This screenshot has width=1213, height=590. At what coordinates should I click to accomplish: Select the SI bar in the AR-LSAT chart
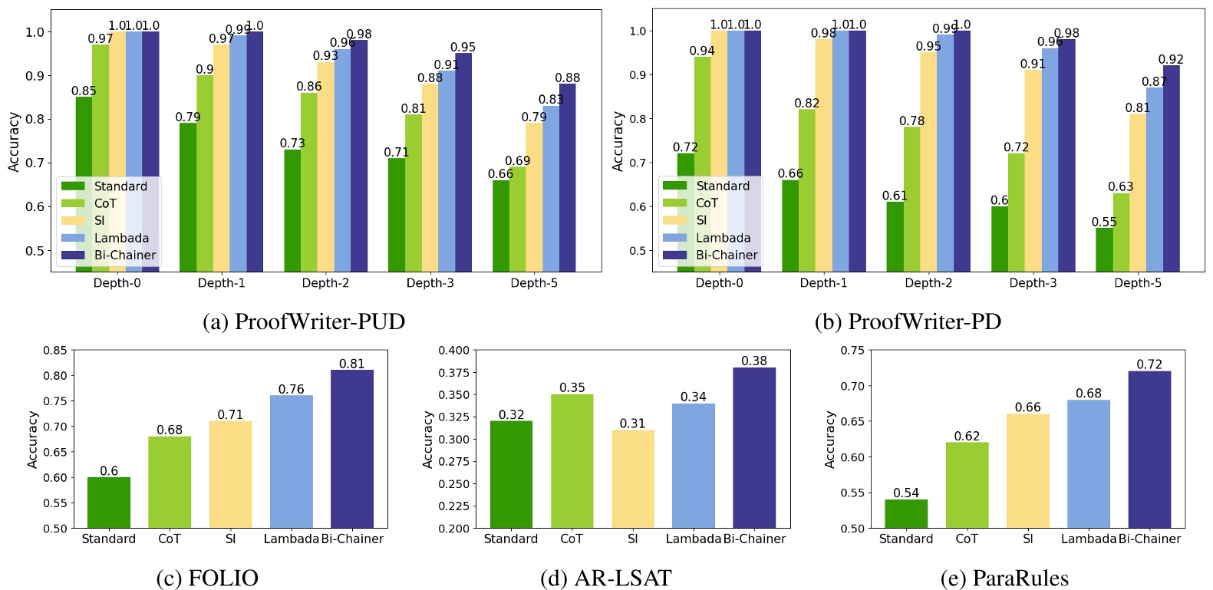click(x=633, y=479)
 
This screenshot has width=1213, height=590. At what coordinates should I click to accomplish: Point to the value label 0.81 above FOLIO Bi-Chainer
click(x=352, y=364)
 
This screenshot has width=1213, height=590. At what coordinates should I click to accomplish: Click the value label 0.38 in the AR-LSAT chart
click(x=754, y=361)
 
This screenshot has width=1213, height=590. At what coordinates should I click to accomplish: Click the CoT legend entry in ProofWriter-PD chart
click(x=707, y=203)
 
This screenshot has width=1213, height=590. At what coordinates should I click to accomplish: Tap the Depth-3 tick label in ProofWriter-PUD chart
click(x=430, y=283)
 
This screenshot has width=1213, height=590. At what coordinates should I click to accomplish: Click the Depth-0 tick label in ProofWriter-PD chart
click(x=719, y=283)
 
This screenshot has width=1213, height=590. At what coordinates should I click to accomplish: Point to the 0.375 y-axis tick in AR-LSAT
click(x=453, y=373)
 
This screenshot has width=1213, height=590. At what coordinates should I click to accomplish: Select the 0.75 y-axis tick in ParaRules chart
click(x=852, y=351)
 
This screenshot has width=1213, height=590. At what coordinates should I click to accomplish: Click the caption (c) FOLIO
click(x=207, y=578)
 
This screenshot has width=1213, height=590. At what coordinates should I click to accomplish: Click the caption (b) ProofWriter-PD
click(x=907, y=321)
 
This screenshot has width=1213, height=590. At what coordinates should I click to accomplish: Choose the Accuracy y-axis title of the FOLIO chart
click(x=33, y=439)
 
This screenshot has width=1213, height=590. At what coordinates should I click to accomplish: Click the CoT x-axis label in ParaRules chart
click(x=967, y=539)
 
